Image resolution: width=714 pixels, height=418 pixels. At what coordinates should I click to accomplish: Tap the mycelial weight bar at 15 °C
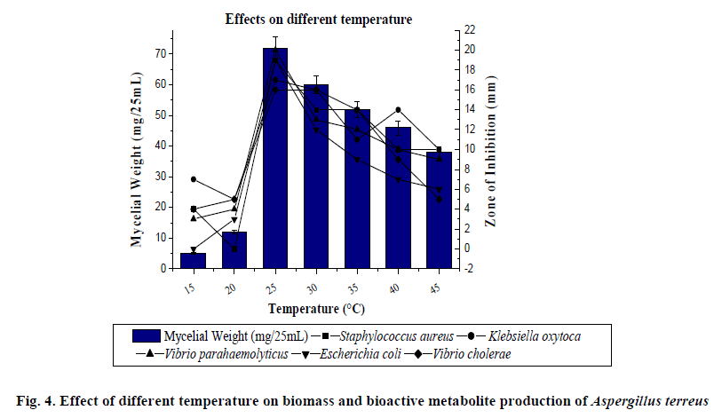click(193, 260)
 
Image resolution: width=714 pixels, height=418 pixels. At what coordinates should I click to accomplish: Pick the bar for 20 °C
click(234, 249)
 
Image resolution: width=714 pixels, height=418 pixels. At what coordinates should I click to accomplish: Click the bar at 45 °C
click(439, 209)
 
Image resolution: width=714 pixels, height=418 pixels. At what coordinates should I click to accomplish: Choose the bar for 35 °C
click(357, 188)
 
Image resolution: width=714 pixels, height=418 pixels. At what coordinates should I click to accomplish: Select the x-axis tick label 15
click(189, 290)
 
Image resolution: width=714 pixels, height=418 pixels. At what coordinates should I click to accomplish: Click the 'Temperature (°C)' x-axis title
click(315, 309)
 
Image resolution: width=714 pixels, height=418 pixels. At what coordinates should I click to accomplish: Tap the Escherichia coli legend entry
click(354, 354)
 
